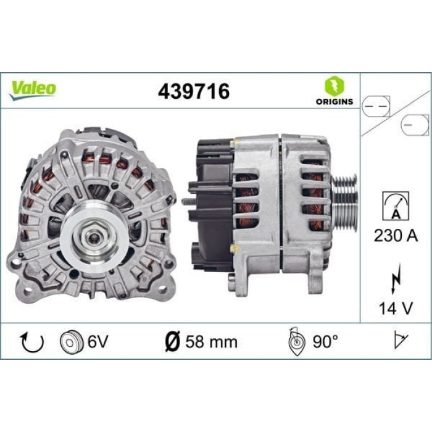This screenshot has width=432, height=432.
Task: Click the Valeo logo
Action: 32,88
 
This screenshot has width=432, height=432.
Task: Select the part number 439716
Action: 194,91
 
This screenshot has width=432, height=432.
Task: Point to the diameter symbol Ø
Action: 174,341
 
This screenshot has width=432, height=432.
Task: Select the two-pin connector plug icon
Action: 378,106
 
